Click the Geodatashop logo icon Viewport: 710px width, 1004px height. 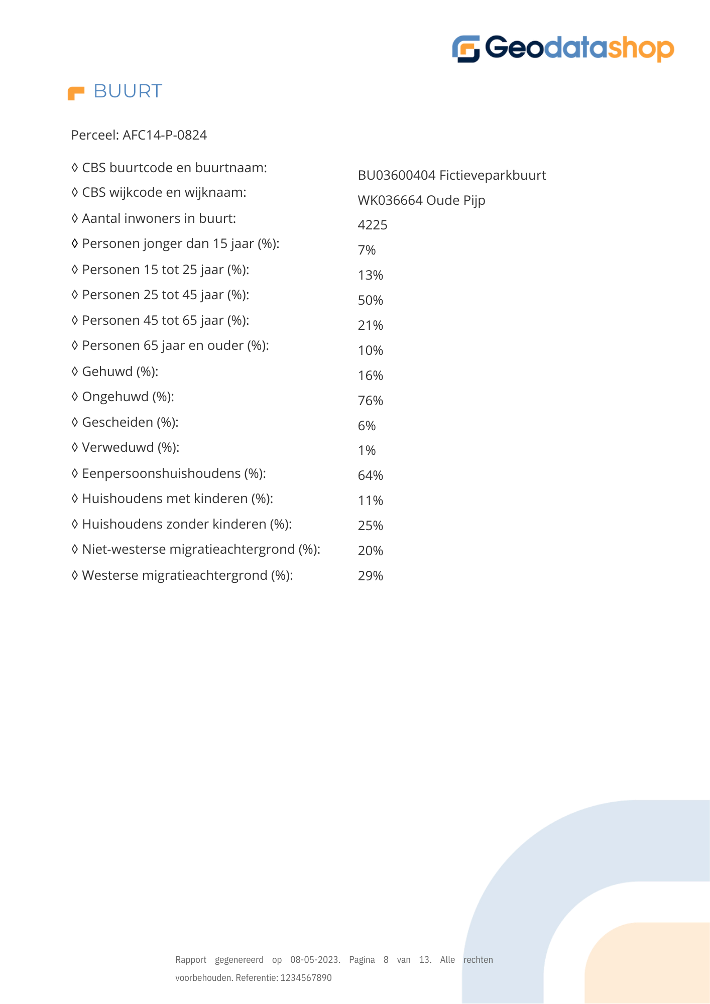[x=466, y=49]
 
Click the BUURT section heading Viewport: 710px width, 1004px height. [x=128, y=91]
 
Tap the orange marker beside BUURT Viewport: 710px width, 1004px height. [x=76, y=93]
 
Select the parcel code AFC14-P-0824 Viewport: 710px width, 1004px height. [x=165, y=135]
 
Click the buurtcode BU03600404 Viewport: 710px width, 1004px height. [x=396, y=175]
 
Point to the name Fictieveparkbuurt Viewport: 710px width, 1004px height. [x=493, y=175]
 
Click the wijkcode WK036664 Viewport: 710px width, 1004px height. [x=390, y=200]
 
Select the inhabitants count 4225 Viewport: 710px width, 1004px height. [x=373, y=225]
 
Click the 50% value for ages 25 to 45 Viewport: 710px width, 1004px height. [x=371, y=300]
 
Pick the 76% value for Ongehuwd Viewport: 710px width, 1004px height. [x=371, y=401]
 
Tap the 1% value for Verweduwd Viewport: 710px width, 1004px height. [x=367, y=450]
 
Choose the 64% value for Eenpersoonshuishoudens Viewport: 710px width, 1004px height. [x=371, y=475]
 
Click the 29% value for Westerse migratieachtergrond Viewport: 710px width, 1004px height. [x=371, y=576]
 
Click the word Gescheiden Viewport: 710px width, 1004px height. [x=117, y=422]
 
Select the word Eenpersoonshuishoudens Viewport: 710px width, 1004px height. [x=161, y=473]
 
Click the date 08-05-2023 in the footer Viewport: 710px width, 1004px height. [x=315, y=960]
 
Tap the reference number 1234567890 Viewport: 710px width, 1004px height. [x=306, y=978]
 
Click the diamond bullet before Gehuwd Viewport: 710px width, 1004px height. [x=75, y=371]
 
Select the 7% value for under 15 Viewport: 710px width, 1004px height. [x=367, y=250]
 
